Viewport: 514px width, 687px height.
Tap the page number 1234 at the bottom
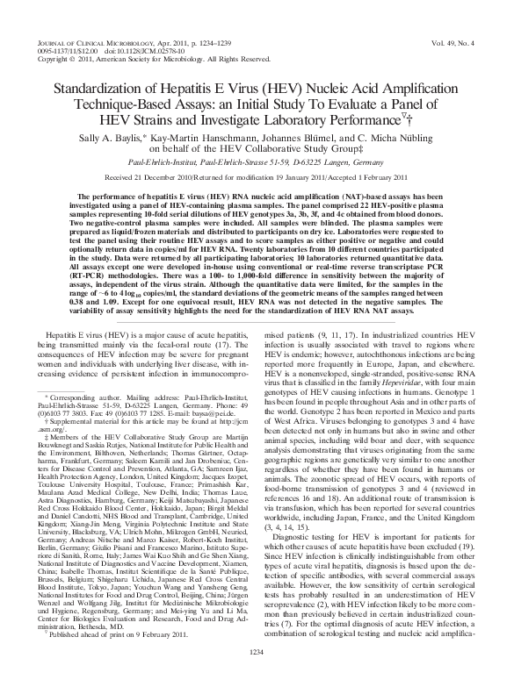[x=257, y=675]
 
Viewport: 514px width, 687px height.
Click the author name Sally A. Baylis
[x=131, y=138]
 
